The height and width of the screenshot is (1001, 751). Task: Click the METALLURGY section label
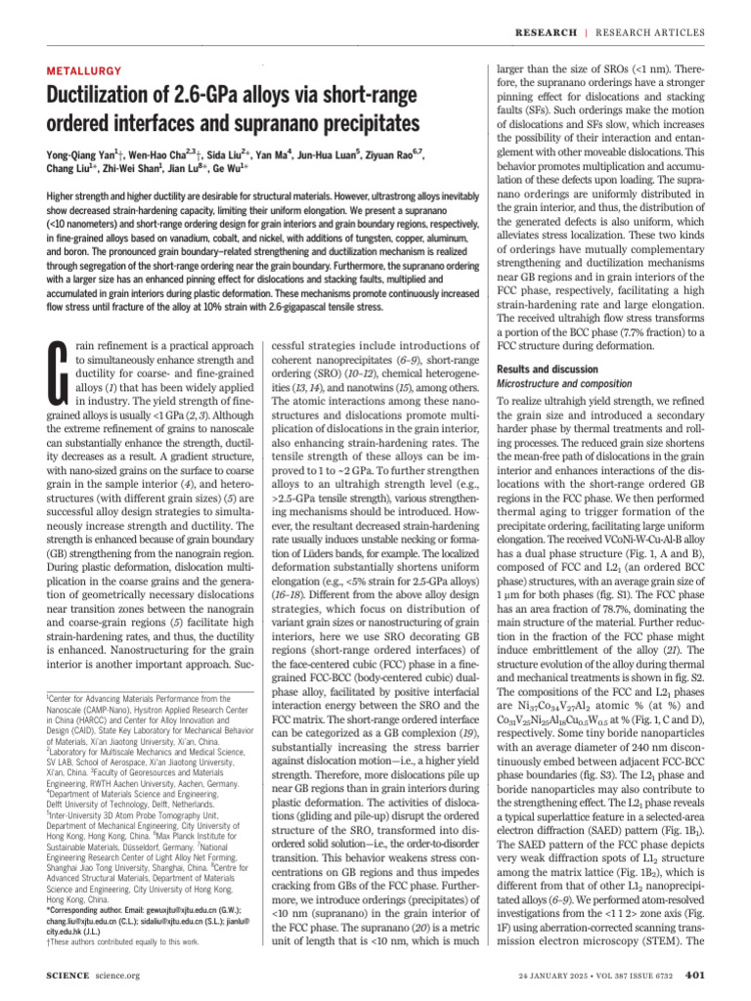pos(85,71)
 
